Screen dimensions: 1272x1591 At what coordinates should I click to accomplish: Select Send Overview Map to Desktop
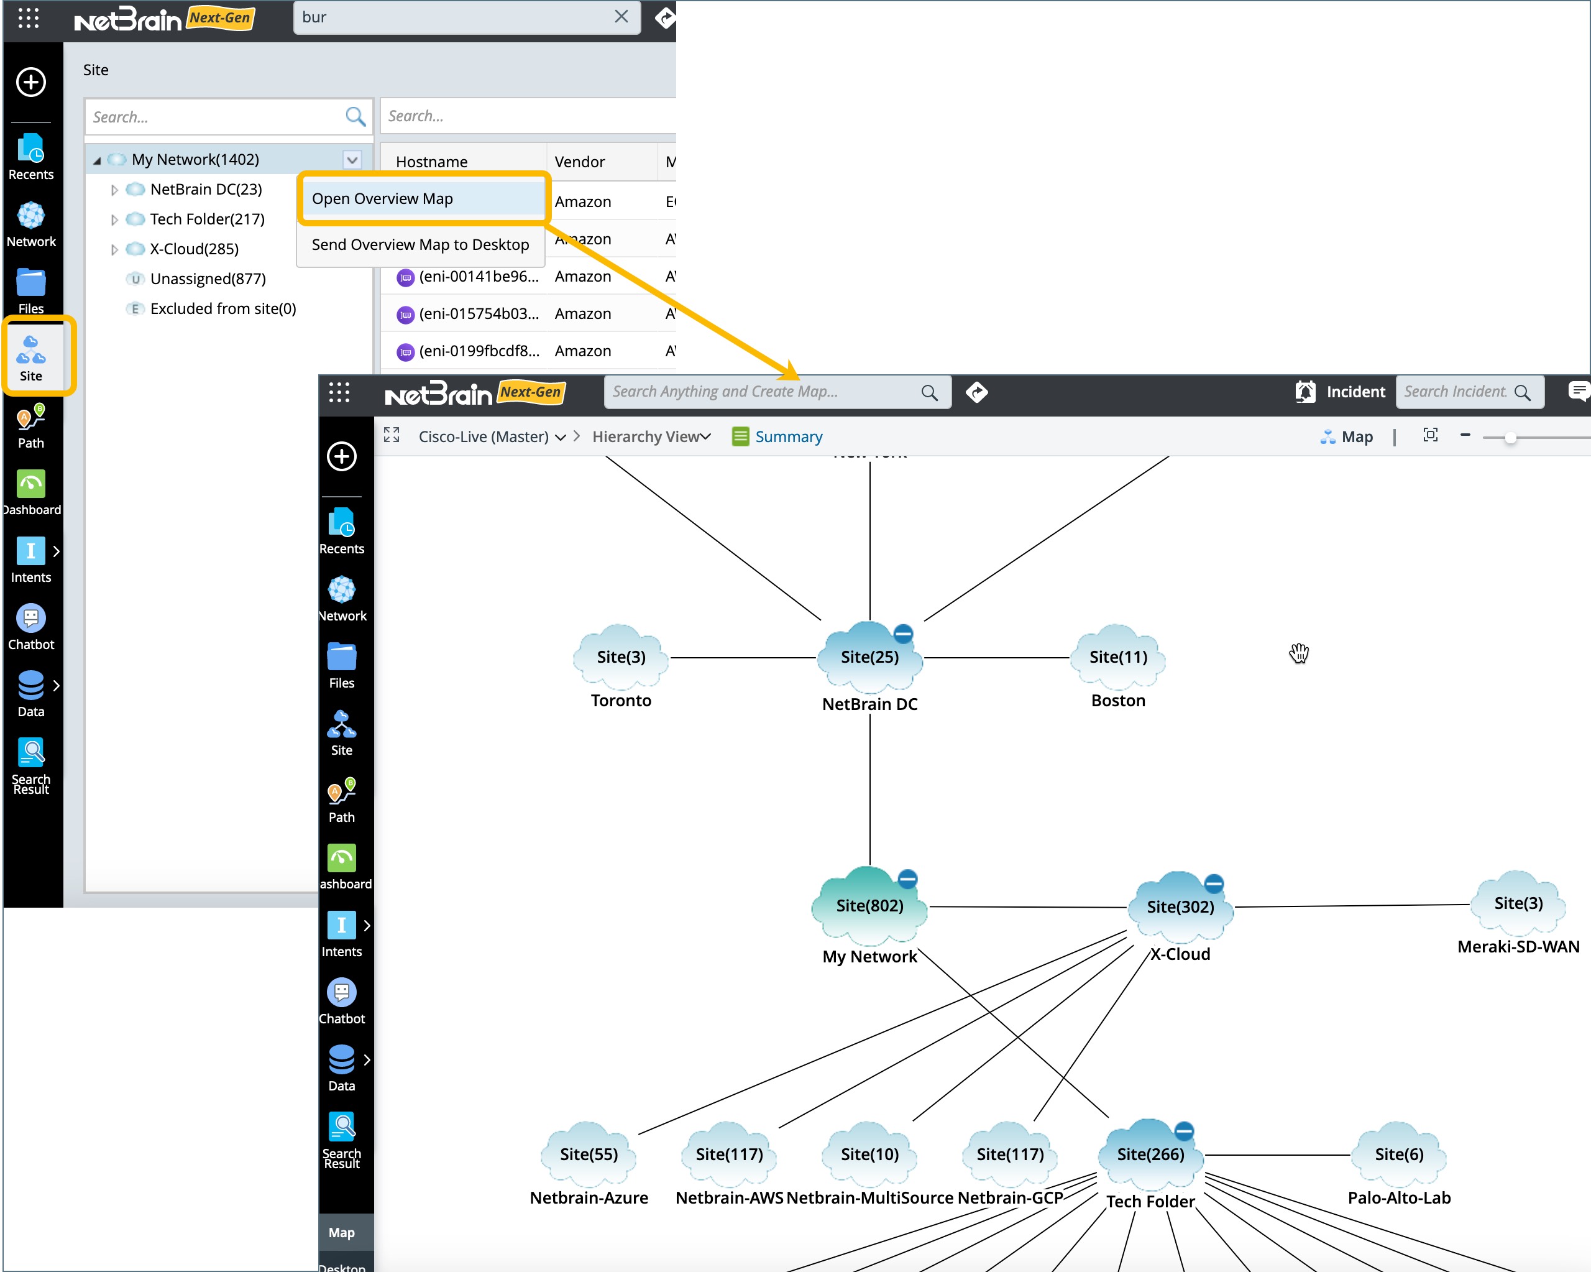[420, 244]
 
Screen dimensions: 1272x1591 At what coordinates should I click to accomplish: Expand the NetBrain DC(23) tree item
[114, 190]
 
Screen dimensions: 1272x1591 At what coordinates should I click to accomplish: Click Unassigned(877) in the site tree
[208, 279]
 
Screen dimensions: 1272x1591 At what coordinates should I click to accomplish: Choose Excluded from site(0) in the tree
[223, 308]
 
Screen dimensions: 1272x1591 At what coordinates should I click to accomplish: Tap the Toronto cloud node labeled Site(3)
[621, 657]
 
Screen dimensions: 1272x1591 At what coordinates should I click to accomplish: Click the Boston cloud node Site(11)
[1118, 657]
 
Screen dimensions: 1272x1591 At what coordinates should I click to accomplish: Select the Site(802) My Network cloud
[869, 906]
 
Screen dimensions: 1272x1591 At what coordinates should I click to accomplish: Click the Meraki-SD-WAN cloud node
[1518, 903]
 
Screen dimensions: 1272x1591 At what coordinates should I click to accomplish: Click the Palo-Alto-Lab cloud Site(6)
[1398, 1154]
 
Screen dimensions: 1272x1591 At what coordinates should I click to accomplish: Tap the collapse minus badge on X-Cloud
[1214, 883]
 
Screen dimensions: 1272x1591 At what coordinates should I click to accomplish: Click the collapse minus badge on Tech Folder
[1184, 1130]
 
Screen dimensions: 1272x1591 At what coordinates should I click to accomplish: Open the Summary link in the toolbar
[787, 436]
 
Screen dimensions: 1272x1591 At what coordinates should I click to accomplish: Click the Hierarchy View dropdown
[651, 436]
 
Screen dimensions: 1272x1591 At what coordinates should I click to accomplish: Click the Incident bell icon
[1304, 392]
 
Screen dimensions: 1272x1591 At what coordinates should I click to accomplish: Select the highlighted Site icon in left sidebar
[31, 357]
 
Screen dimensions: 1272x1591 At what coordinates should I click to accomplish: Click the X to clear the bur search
[621, 17]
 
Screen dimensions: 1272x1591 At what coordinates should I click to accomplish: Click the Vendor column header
[579, 162]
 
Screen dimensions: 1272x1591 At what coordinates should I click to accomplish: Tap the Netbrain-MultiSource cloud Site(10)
[869, 1154]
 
